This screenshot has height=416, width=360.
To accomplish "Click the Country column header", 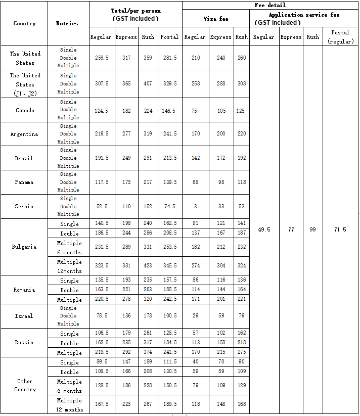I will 24,23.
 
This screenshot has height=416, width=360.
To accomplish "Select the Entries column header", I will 67,23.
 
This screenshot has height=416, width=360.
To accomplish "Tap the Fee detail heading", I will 270,5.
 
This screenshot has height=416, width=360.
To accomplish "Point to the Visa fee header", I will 216,19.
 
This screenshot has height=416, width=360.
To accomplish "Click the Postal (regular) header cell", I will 340,37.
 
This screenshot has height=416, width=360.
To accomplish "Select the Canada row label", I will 24,110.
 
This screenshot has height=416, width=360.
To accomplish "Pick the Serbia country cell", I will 24,206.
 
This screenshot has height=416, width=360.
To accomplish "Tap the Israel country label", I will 24,316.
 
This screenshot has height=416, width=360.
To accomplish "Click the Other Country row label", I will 24,385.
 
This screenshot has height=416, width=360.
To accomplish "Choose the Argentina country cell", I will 24,134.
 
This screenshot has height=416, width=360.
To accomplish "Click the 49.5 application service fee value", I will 264,229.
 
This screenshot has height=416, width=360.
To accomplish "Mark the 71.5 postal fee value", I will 340,229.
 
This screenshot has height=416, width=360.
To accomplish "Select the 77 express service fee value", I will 291,229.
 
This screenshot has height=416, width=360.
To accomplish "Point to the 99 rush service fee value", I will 313,229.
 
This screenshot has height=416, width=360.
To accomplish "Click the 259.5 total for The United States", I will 101,58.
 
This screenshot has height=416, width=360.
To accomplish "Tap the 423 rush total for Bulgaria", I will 148,266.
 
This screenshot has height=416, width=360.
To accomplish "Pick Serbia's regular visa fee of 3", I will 195,206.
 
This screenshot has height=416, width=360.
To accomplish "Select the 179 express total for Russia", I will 126,334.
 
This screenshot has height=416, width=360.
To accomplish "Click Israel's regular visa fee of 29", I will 195,316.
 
